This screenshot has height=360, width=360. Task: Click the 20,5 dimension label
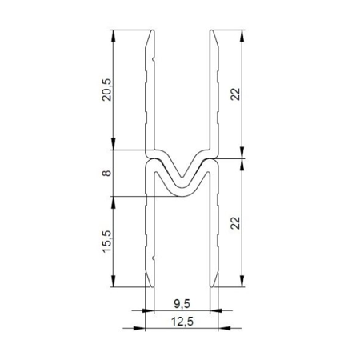click(x=107, y=90)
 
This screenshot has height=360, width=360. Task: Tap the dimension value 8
click(x=106, y=173)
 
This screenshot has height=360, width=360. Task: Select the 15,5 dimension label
click(x=107, y=242)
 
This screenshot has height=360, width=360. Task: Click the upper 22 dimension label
click(x=235, y=94)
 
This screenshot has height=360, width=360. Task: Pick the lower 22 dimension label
click(x=235, y=223)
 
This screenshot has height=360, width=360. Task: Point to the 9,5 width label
click(x=182, y=304)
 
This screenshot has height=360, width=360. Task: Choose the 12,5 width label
click(x=182, y=322)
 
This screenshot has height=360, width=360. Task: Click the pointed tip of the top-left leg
click(x=153, y=30)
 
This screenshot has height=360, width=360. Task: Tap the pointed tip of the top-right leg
click(x=211, y=30)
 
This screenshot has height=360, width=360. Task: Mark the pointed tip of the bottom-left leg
click(x=152, y=287)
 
